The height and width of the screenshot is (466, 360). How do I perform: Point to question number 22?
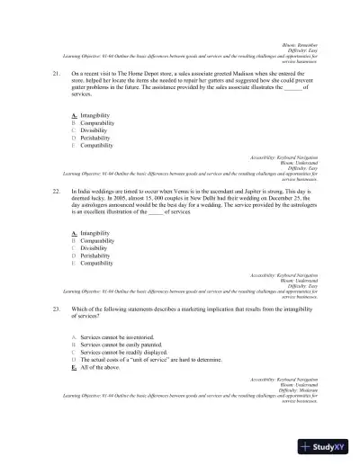57,192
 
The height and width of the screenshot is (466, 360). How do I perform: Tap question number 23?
57,309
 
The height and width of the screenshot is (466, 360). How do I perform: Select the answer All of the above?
99,367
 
